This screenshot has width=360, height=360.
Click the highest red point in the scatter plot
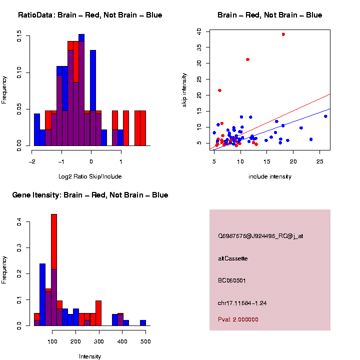[x=283, y=34]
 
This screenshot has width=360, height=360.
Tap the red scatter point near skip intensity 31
[x=247, y=59]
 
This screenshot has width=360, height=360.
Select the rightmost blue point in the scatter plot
[x=325, y=116]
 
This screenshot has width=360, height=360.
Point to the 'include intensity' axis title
[x=269, y=176]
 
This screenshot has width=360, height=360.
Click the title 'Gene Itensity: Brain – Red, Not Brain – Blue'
[x=90, y=195]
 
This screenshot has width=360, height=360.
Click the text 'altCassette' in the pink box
[x=233, y=258]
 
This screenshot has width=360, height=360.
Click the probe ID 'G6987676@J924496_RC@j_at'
[x=260, y=236]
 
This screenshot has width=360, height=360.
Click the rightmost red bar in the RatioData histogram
[x=143, y=128]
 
